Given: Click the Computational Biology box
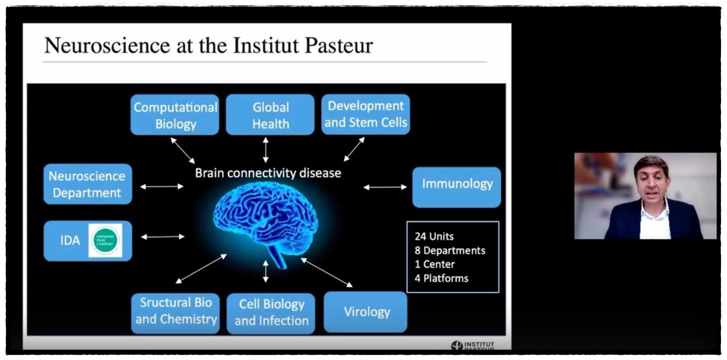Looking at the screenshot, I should (x=175, y=115).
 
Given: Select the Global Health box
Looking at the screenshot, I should (x=270, y=115).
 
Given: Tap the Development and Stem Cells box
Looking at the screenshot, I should (x=365, y=114).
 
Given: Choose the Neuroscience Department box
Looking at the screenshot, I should (x=87, y=184).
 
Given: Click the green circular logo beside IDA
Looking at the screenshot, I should (x=105, y=240).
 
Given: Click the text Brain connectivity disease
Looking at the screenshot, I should (x=268, y=173).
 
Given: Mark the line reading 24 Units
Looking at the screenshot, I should (x=434, y=236).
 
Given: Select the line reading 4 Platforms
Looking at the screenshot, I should (x=441, y=278).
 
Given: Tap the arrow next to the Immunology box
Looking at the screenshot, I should (x=385, y=187).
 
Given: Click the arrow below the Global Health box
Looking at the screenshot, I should (x=265, y=150).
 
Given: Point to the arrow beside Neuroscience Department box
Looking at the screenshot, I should (x=162, y=186).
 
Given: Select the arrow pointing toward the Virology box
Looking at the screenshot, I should (x=327, y=272).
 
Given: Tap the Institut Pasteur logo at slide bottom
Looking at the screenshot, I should (x=473, y=345).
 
